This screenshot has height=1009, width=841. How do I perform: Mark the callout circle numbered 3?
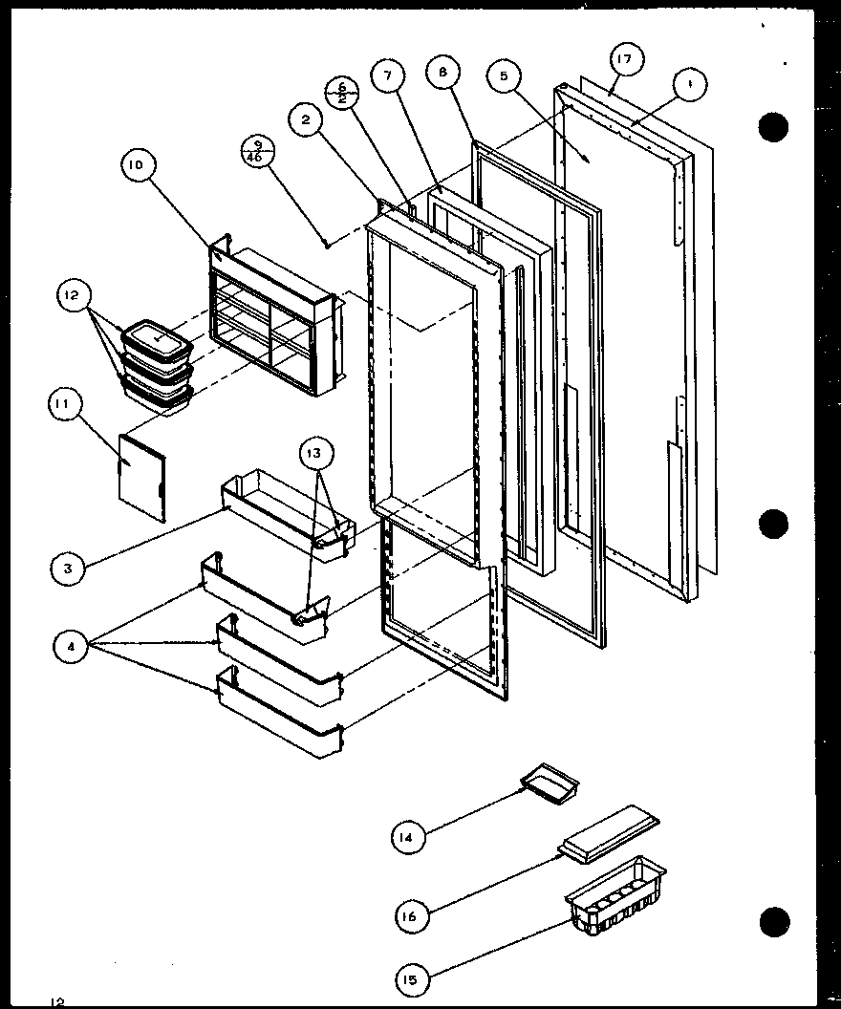tap(69, 568)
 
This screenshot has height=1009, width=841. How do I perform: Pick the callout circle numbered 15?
tap(413, 978)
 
